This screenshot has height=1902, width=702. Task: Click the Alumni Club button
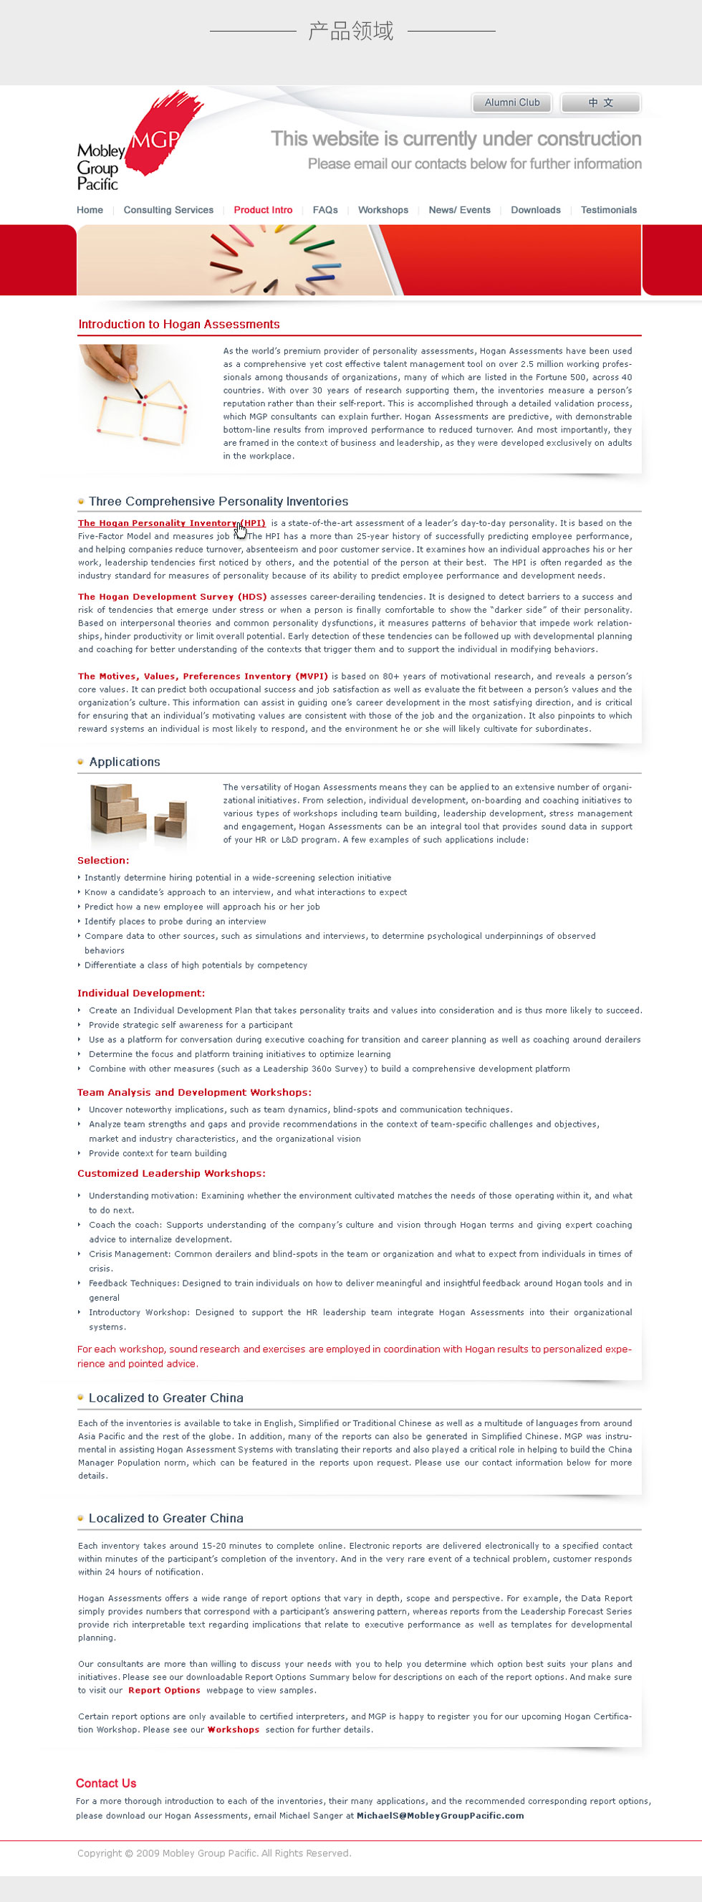click(x=511, y=102)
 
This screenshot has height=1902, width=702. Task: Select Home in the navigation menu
click(x=90, y=210)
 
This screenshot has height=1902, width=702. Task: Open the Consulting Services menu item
click(x=168, y=210)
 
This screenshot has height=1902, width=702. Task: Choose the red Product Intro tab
click(x=263, y=210)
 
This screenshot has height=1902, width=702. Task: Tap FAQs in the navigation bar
click(x=324, y=210)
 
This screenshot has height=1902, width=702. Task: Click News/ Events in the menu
click(x=459, y=210)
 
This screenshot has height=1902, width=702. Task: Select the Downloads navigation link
click(x=535, y=210)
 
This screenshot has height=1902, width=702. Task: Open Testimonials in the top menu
click(x=608, y=210)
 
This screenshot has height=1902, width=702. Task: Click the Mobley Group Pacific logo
click(x=129, y=144)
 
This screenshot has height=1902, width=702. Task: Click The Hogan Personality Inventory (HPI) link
click(x=171, y=522)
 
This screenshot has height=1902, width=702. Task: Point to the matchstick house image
click(x=138, y=396)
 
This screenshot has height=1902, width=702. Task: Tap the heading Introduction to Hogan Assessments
click(x=178, y=324)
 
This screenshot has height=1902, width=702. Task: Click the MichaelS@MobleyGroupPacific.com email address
click(x=440, y=1815)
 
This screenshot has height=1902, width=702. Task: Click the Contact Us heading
click(x=105, y=1783)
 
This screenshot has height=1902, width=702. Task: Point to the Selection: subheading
click(x=103, y=860)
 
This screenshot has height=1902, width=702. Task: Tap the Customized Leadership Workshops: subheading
click(x=171, y=1173)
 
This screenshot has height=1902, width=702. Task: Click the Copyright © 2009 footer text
click(x=214, y=1853)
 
